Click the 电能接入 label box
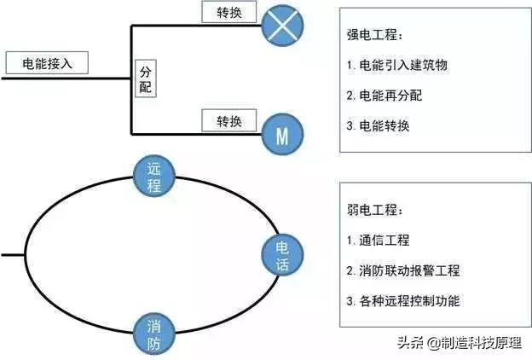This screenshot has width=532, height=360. coord(47,62)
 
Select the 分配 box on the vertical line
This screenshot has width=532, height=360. coord(146,78)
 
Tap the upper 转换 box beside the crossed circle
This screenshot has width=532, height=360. coord(229,12)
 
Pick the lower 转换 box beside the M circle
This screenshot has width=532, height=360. coord(229,120)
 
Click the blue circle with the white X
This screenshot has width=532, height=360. coord(282,26)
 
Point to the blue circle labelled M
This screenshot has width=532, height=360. coord(282,134)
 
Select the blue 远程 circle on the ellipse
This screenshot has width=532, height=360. coord(154,176)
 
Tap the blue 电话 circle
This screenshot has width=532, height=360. coord(282,255)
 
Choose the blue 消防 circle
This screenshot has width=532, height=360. coord(154,334)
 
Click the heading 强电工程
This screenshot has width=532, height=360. coord(374,35)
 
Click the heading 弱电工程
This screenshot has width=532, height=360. coord(374,210)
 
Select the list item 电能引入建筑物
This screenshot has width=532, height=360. coord(397,65)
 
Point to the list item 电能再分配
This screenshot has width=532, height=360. coord(384,96)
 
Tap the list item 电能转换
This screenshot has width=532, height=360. coord(378,125)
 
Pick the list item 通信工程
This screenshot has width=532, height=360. coord(378,240)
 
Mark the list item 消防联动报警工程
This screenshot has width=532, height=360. coord(403,270)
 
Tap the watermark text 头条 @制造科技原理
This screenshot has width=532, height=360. coord(460,343)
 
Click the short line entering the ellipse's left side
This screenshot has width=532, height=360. coord(13,255)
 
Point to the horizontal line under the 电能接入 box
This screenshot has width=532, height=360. coord(66,78)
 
